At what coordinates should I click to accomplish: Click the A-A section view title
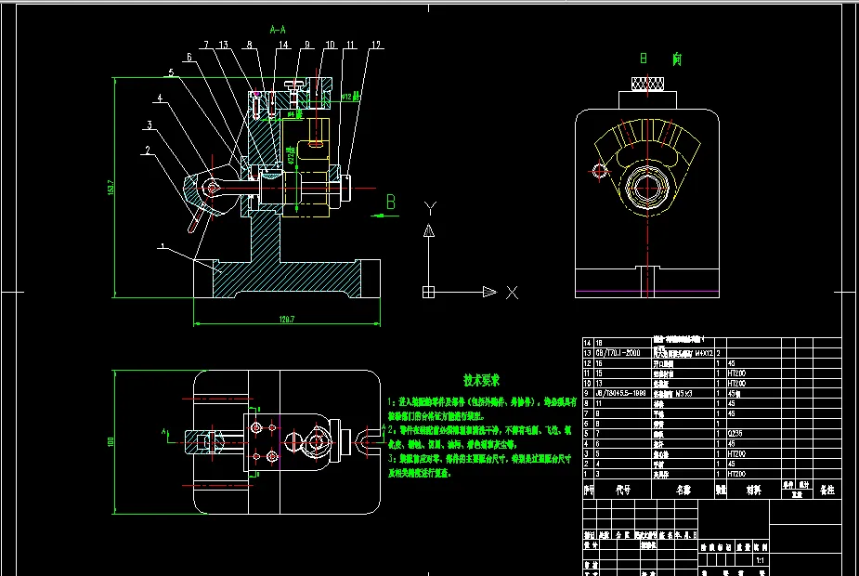[278, 30]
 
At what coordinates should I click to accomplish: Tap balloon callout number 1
[162, 246]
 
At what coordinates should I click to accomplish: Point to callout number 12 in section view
[375, 44]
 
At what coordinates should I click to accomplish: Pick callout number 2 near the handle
[146, 149]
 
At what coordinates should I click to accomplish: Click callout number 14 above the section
[283, 44]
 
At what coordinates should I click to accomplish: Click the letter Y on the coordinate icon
[428, 206]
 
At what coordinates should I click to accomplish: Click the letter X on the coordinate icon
[511, 293]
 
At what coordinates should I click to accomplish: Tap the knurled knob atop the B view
[648, 85]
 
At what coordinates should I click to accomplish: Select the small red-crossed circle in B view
[598, 171]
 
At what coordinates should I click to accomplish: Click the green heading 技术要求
[482, 380]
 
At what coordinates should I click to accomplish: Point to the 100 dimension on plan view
[111, 440]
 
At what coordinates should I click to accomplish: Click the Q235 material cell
[735, 433]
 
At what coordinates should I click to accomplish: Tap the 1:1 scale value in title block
[761, 561]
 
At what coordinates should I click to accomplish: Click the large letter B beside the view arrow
[390, 202]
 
